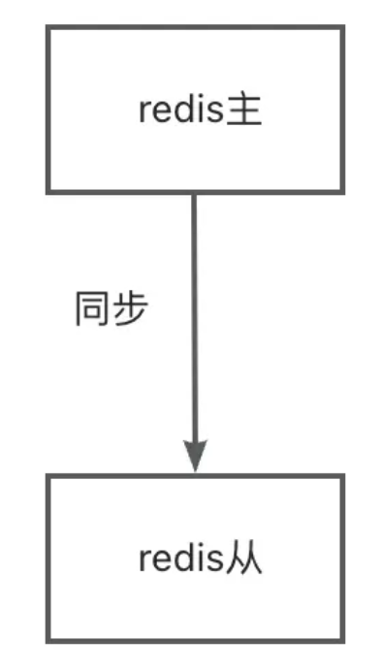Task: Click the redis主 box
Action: tap(195, 110)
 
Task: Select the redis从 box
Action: tap(195, 559)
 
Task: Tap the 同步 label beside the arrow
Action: tap(111, 310)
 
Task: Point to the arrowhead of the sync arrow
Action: tap(195, 456)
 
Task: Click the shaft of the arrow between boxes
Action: tap(195, 320)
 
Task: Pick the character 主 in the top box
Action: tap(246, 111)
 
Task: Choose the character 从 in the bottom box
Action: tap(246, 559)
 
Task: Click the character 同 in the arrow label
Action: tap(93, 310)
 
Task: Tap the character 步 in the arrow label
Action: tap(130, 310)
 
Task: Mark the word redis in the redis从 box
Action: tap(179, 560)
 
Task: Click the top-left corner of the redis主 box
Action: tap(47, 27)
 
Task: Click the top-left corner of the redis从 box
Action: tap(47, 476)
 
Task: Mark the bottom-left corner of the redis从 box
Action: tap(47, 640)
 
